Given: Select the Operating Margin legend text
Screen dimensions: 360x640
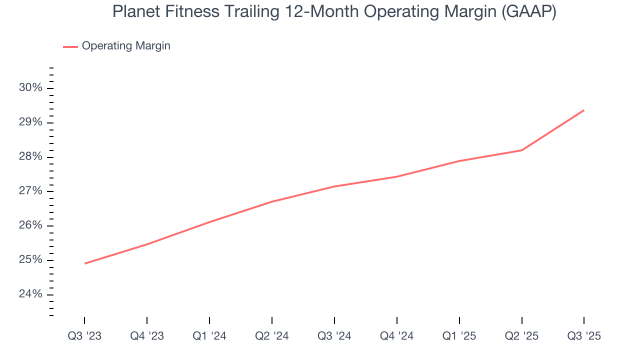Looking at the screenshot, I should click(126, 46).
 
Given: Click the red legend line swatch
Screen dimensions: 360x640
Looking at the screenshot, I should click(70, 46).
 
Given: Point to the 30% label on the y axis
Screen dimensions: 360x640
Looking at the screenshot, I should click(30, 88).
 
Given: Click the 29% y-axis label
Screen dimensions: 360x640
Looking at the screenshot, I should click(30, 122).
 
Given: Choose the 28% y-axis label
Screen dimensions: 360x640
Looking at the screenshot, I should click(30, 157).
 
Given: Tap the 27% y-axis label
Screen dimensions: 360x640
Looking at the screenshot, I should click(30, 191).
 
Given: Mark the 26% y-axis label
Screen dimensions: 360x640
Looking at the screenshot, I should click(30, 225).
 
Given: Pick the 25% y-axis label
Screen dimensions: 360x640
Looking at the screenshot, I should click(30, 260).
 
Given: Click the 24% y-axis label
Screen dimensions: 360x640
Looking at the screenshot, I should click(30, 294).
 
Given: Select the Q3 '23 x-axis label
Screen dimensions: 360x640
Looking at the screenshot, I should click(84, 336).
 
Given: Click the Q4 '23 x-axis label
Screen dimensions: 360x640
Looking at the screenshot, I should click(147, 336).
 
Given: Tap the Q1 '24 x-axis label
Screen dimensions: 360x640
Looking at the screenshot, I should click(209, 336).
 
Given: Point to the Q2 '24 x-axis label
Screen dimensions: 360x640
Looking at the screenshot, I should click(272, 336).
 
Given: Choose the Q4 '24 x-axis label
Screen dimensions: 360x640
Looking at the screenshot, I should click(397, 336).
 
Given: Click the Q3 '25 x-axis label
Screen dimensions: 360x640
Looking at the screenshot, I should click(584, 336).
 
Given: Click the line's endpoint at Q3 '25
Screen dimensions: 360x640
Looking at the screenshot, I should click(584, 110).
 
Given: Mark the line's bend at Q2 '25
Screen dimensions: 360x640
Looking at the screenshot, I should click(521, 150).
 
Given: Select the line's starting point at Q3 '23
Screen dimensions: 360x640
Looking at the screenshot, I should click(84, 263).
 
